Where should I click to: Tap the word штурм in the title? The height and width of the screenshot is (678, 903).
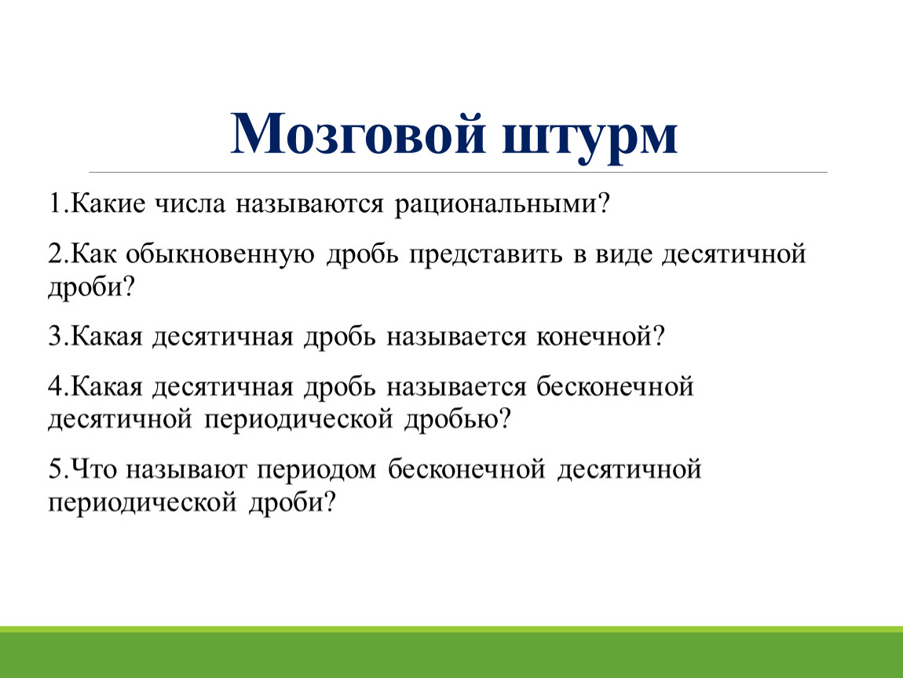590,139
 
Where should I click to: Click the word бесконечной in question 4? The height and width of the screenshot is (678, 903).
615,386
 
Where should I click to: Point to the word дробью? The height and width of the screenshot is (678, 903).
451,420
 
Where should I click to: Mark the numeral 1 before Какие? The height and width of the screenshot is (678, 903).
55,203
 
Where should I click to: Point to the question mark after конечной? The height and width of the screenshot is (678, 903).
659,336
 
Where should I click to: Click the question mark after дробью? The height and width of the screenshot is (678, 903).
505,419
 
